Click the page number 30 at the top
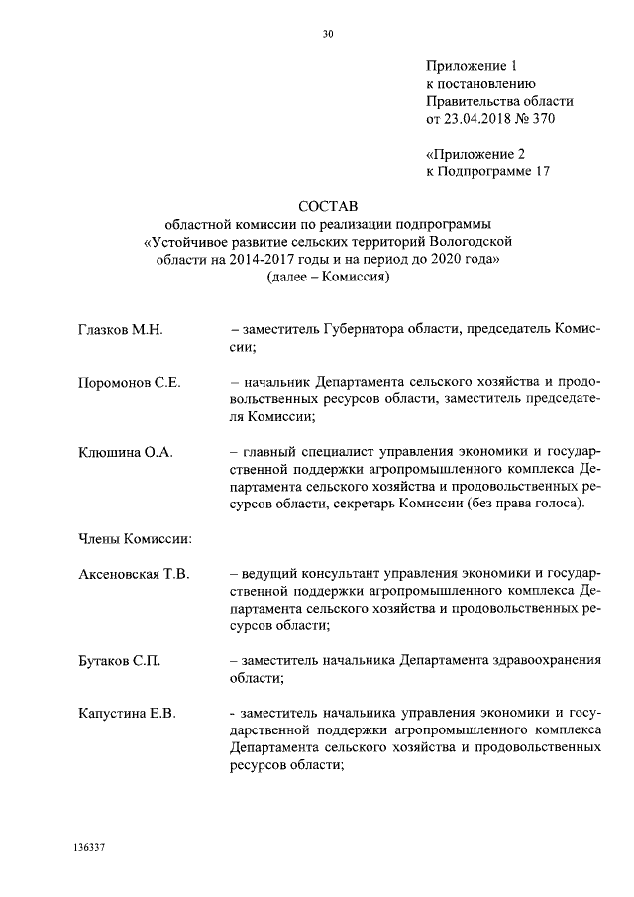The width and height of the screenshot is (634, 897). (328, 33)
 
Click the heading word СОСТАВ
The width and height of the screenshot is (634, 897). (328, 205)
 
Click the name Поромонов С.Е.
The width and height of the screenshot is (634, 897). (129, 382)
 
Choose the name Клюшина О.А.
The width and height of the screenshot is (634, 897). (126, 452)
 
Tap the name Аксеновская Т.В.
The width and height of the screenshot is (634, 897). (134, 574)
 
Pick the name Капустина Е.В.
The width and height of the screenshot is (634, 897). (127, 713)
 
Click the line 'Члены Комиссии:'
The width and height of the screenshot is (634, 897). (135, 539)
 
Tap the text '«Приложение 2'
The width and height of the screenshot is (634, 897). (474, 154)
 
